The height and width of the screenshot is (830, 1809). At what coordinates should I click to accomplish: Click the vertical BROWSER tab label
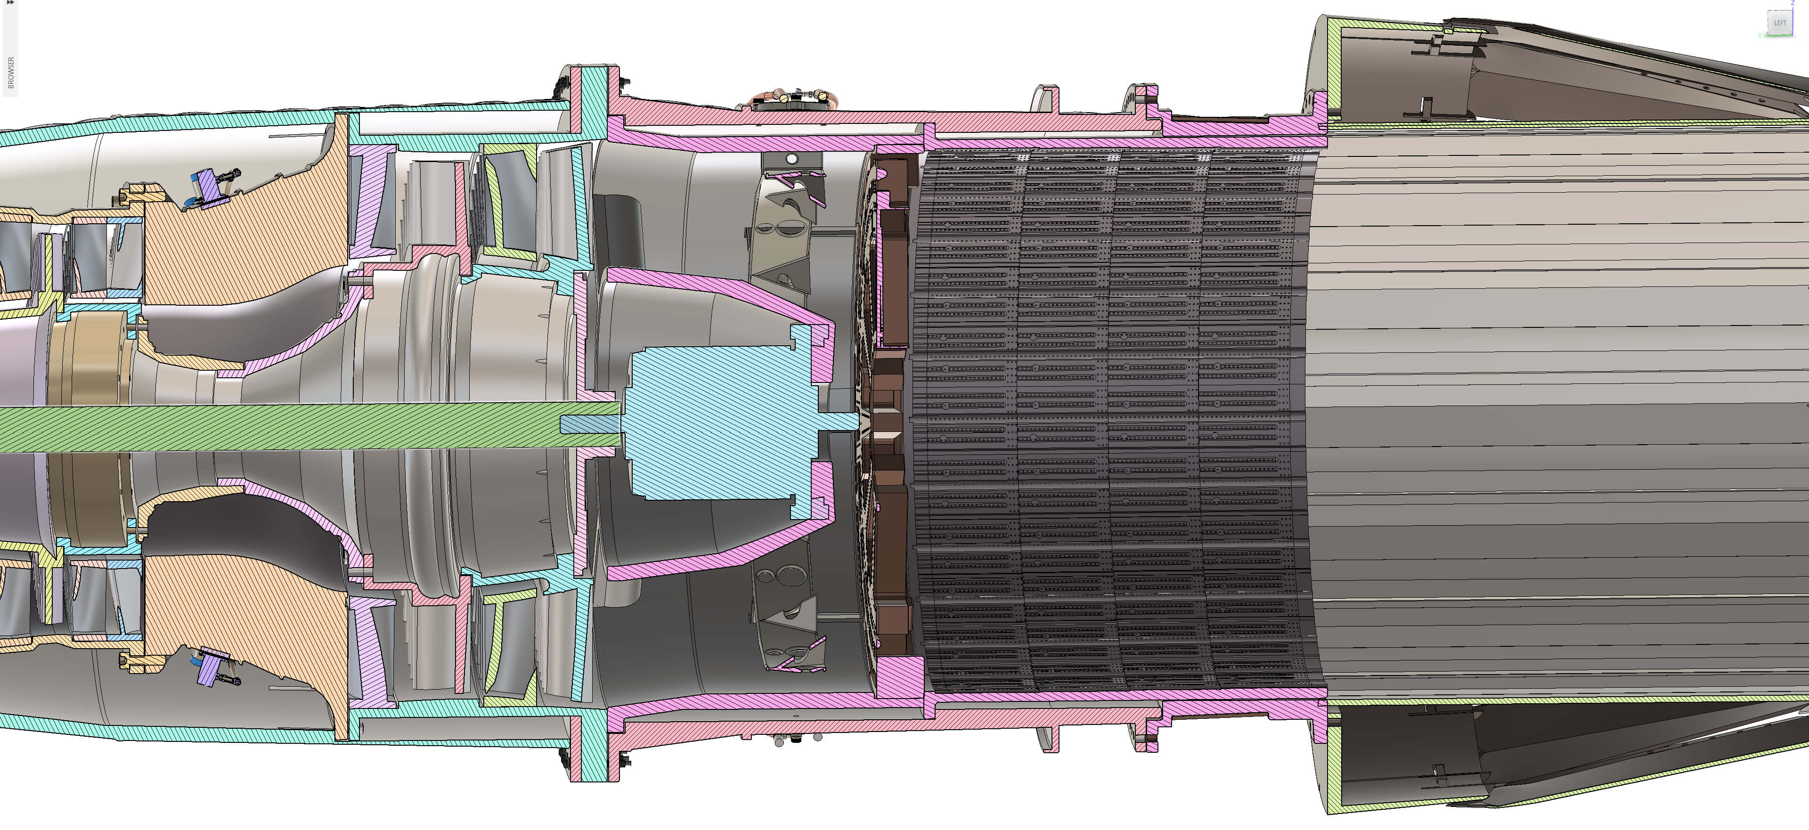click(10, 73)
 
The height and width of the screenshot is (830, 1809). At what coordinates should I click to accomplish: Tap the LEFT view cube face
click(1779, 23)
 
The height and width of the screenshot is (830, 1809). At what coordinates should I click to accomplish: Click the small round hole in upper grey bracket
click(791, 159)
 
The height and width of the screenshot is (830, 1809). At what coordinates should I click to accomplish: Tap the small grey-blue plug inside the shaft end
click(590, 425)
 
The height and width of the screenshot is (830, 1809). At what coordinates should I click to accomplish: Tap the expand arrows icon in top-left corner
click(10, 3)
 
